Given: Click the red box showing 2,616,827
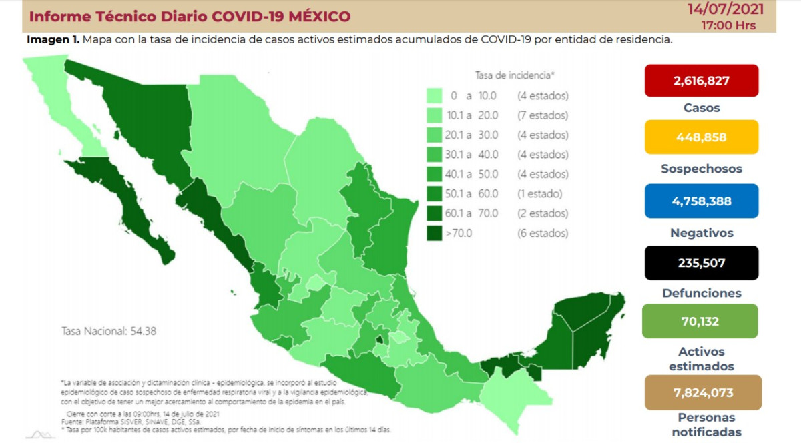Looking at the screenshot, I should pos(701,81).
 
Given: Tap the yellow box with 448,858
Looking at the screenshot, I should pos(701,137).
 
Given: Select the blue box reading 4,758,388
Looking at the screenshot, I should pos(701,201).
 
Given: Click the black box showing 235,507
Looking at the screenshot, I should pos(701,263).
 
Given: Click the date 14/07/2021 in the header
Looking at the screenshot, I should pos(724,10).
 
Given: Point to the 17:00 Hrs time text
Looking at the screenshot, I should pos(728,25).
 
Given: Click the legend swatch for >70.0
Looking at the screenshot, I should pos(435,234).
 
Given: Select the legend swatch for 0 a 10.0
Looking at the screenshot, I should pos(435,95).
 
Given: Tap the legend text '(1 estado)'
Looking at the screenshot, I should pos(540,194).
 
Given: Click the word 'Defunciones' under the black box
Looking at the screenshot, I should pos(702,293).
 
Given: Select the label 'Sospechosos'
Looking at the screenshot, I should pos(701,169).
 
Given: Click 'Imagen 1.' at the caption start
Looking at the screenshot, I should pos(53,40).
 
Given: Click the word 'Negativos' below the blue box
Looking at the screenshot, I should pos(701,233).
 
